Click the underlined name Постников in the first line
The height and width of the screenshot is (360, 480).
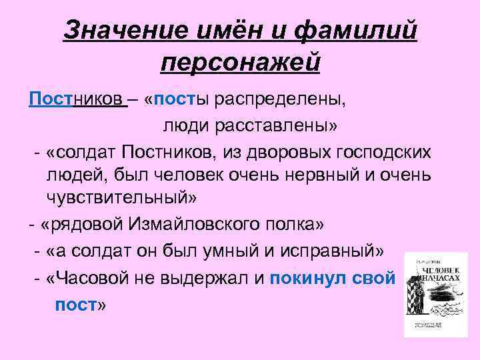point(75,100)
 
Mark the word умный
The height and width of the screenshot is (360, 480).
point(240,252)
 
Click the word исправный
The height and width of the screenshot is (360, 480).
point(332,252)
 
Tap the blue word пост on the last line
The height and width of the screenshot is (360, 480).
point(76,305)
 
